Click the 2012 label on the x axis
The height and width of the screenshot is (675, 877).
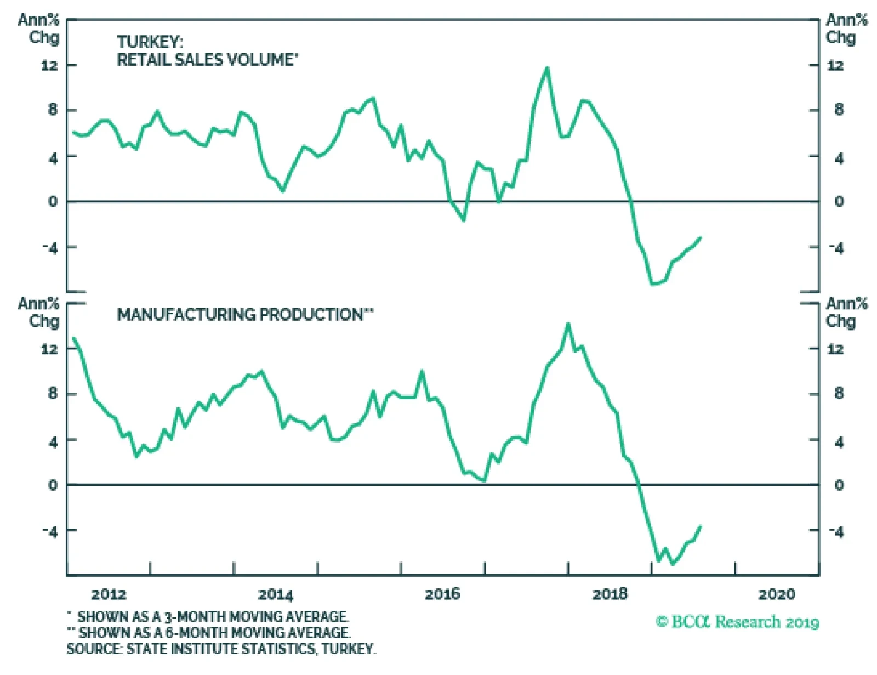109,594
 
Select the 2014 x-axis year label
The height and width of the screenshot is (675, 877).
276,594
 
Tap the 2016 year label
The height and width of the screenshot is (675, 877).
443,594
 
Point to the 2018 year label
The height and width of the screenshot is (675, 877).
610,594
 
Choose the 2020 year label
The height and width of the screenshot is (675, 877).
777,594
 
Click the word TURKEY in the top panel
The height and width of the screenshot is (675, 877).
150,42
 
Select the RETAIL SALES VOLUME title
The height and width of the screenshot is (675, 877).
207,59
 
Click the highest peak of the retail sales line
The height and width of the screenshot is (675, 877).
547,68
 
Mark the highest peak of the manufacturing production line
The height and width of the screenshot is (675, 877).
568,324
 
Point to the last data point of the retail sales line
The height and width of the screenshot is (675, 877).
701,237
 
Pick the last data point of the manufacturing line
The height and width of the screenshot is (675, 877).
701,526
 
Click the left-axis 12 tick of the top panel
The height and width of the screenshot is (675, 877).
49,65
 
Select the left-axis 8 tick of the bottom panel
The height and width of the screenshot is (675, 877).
53,393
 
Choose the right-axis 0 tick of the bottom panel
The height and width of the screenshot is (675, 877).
839,485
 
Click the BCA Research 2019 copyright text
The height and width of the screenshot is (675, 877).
737,622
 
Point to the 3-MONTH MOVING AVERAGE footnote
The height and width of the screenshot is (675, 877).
213,616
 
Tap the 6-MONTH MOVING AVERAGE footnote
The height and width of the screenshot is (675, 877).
214,632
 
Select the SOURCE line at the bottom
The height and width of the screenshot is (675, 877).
221,649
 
